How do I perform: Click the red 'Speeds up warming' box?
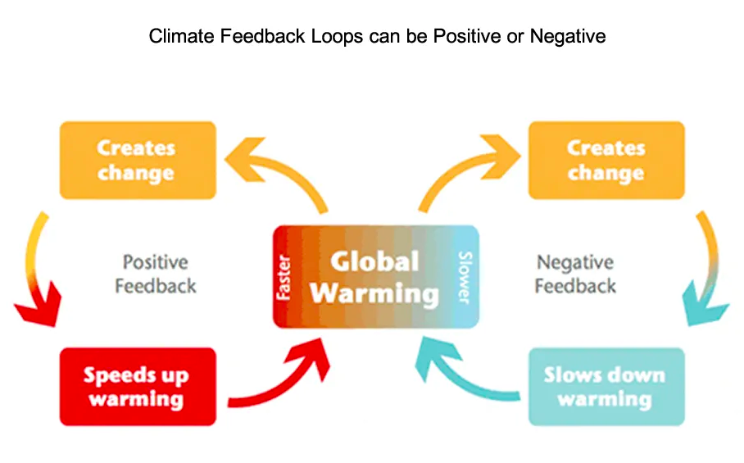pos(138,387)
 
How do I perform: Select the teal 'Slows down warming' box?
pos(606,387)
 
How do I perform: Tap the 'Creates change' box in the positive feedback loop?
pos(138,161)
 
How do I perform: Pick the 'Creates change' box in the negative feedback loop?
pos(606,161)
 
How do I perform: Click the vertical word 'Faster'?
pos(284,278)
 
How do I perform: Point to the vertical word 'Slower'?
pos(465,278)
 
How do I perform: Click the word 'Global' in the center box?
pos(374,261)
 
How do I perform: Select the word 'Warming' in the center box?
pos(374,294)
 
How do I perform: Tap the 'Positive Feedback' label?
pos(156,274)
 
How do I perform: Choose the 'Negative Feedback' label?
pos(575,274)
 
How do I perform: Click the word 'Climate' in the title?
pos(182,36)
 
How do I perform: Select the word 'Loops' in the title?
pos(337,37)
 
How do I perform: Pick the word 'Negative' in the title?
pos(568,37)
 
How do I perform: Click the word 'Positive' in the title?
pos(467,36)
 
